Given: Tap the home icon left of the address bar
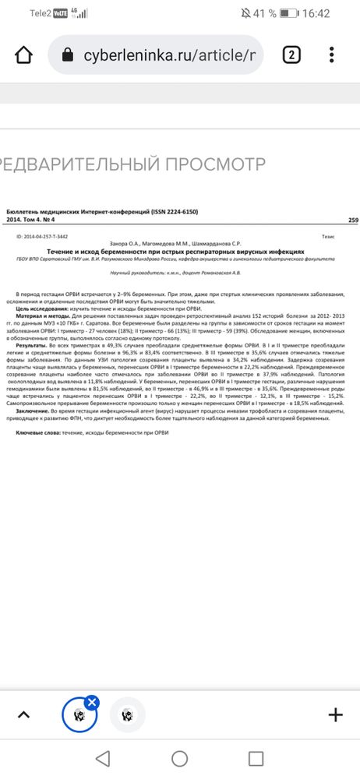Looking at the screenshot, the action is click(x=24, y=55).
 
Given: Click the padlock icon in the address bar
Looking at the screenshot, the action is click(x=67, y=55).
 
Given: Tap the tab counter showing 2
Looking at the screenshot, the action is click(x=291, y=55).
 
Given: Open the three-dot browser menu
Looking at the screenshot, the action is click(x=333, y=55).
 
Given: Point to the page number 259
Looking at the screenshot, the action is click(x=353, y=220).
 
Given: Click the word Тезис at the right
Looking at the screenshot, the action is click(x=328, y=235).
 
